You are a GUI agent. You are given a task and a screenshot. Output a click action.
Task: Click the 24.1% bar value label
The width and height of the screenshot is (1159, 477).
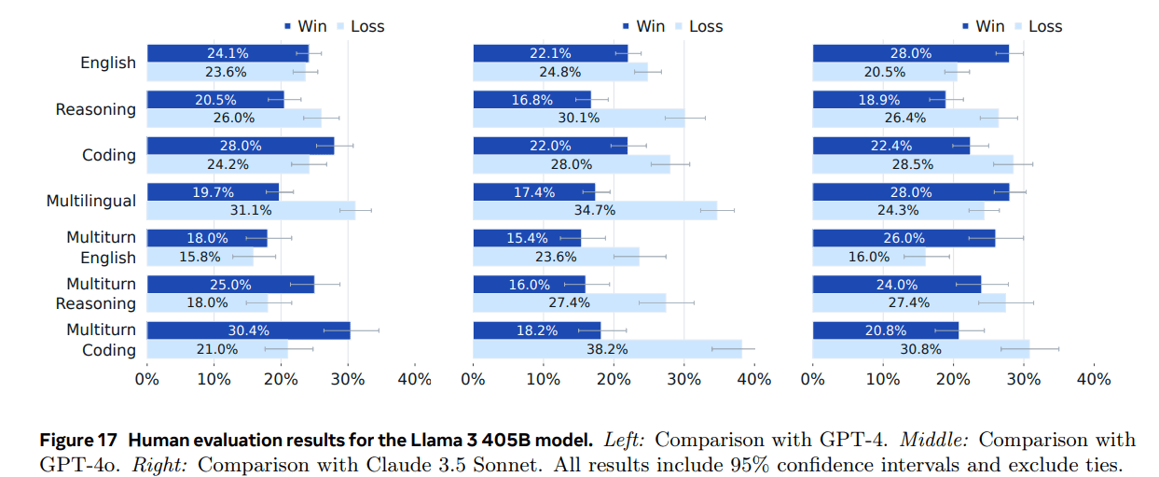point(228,53)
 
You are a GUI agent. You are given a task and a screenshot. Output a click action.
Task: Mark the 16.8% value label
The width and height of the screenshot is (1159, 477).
point(532,100)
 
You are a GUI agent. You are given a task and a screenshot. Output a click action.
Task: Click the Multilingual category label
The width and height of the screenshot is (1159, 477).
point(91,201)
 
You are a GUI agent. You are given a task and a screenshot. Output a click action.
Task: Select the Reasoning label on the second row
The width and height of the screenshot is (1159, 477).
point(95,109)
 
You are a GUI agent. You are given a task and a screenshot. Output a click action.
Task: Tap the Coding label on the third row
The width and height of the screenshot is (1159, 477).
point(109,155)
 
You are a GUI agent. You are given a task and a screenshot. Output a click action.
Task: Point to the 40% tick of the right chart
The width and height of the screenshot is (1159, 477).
point(1094,380)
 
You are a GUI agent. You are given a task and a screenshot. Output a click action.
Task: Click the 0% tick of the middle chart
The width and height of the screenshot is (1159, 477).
point(474,380)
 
